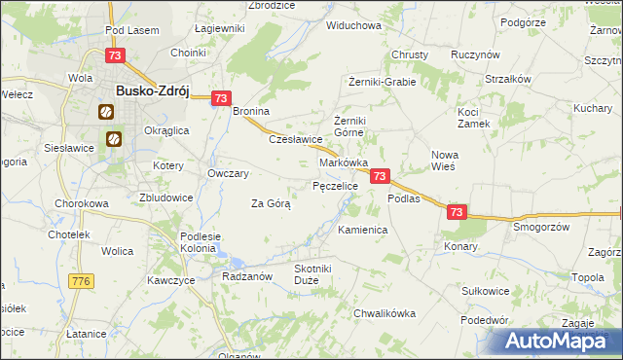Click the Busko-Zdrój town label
(x=151, y=90)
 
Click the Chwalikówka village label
(x=385, y=313)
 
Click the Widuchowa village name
(x=353, y=25)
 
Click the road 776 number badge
(x=81, y=281)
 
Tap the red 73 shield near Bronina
(x=221, y=98)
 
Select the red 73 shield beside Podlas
(x=381, y=176)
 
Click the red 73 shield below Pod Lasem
(x=115, y=56)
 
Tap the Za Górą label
(x=271, y=203)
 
